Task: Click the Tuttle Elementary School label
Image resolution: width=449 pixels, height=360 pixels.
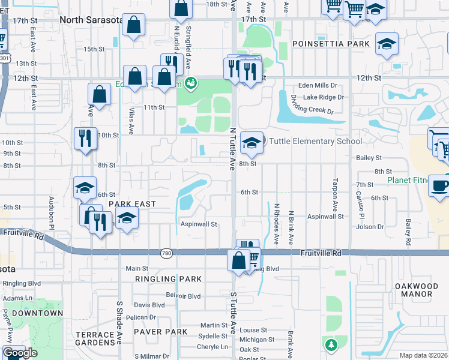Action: click(x=315, y=141)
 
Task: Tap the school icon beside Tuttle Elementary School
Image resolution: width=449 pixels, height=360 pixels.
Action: click(x=252, y=143)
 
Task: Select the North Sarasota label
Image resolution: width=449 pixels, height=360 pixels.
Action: click(x=91, y=20)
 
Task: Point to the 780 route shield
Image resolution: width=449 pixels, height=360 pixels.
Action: click(x=167, y=253)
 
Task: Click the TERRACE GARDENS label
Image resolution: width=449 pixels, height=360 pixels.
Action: click(x=95, y=338)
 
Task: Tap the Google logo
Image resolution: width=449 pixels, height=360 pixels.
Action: click(x=20, y=353)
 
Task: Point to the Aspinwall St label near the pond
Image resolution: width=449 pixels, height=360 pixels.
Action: click(x=198, y=224)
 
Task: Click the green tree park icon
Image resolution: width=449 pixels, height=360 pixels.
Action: click(x=330, y=345)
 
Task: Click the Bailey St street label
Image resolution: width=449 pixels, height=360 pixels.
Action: click(x=369, y=158)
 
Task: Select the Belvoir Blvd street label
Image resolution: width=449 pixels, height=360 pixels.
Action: click(x=184, y=296)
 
